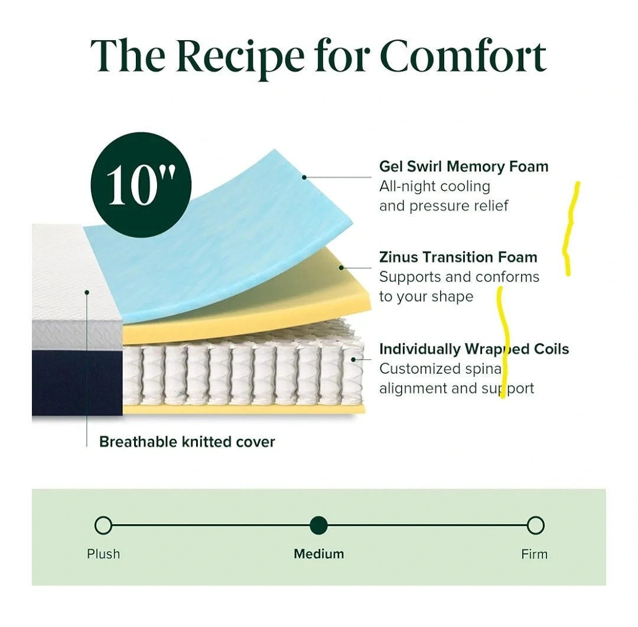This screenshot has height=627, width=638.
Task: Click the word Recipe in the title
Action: pyautogui.click(x=240, y=57)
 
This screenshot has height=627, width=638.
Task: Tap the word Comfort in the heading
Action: pyautogui.click(x=463, y=55)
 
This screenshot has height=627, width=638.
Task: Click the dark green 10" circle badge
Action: pyautogui.click(x=141, y=185)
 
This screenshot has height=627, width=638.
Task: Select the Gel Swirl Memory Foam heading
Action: pyautogui.click(x=464, y=166)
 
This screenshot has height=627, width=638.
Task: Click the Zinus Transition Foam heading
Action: pyautogui.click(x=458, y=257)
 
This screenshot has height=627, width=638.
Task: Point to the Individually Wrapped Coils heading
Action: pyautogui.click(x=474, y=349)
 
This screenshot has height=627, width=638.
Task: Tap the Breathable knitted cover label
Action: pyautogui.click(x=187, y=442)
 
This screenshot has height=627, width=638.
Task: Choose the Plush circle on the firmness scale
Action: pyautogui.click(x=103, y=525)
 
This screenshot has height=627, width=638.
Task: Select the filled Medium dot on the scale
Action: pyautogui.click(x=318, y=525)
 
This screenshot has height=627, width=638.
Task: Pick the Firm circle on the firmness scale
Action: pyautogui.click(x=535, y=525)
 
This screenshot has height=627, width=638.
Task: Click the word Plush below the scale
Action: pyautogui.click(x=103, y=554)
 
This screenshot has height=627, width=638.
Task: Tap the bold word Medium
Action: pyautogui.click(x=319, y=554)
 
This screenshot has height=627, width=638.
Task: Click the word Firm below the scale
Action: pyautogui.click(x=534, y=554)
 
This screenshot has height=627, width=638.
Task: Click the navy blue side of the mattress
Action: pyautogui.click(x=77, y=383)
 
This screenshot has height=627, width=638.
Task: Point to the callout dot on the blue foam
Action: pyautogui.click(x=304, y=177)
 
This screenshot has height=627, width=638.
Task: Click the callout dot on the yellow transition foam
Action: pyautogui.click(x=341, y=267)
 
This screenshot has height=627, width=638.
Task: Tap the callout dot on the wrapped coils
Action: pyautogui.click(x=353, y=360)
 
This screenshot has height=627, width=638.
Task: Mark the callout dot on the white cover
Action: pyautogui.click(x=87, y=292)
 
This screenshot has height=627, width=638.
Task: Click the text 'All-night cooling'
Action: pyautogui.click(x=435, y=186)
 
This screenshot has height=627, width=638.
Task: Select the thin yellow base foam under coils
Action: pyautogui.click(x=244, y=409)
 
